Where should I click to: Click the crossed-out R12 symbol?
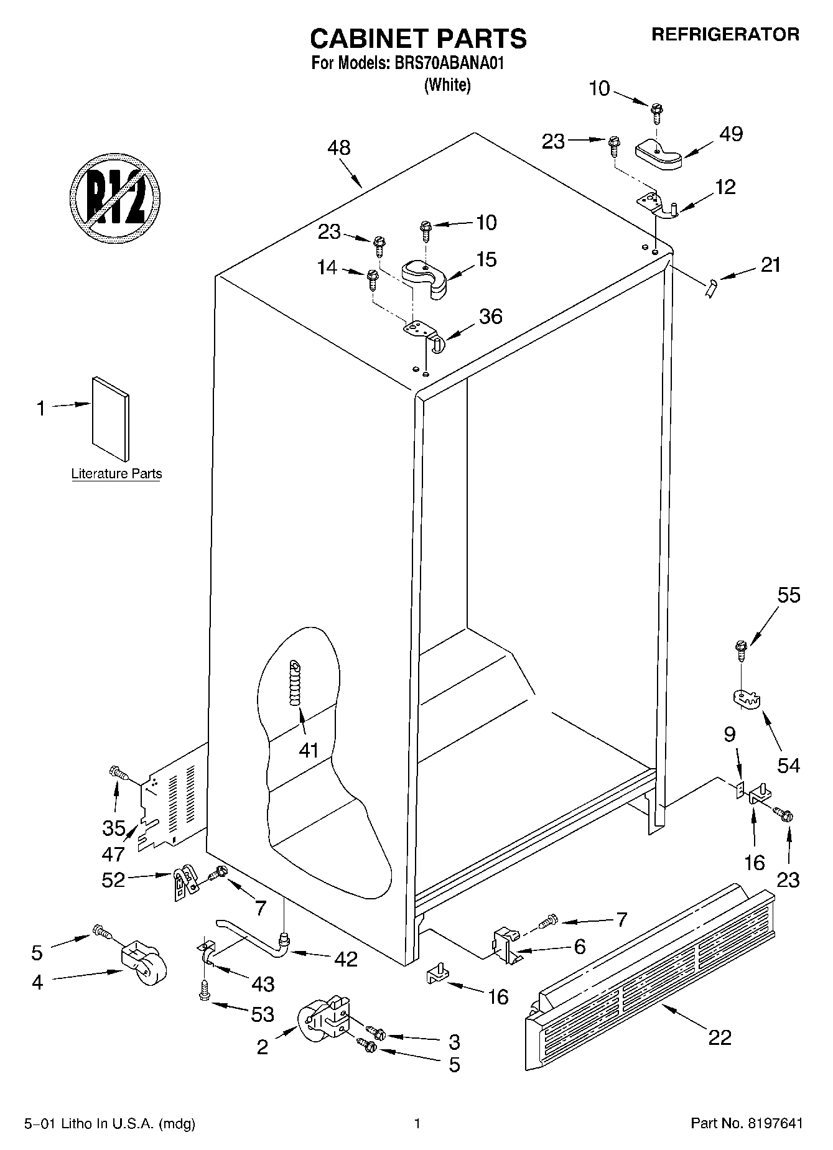coord(115,195)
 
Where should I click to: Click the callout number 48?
coord(339,148)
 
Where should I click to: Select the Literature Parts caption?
coord(116,474)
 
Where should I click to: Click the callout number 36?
coord(491,317)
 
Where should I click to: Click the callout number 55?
coord(789,595)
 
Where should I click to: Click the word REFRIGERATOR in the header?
coord(725,35)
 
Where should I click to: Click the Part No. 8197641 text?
coord(747,1123)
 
